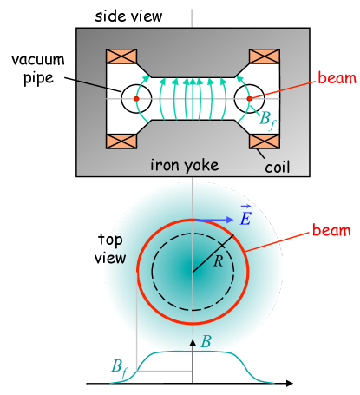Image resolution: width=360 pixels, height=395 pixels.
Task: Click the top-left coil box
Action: pos(121,56)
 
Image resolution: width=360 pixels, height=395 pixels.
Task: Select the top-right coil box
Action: pos(264,56)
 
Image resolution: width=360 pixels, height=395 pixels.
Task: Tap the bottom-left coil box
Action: pos(121,142)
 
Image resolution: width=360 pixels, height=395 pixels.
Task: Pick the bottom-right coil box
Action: pos(264,142)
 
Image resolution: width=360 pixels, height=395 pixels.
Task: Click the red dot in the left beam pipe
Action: pos(136,99)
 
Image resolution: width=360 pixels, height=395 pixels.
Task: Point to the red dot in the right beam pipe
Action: pos(249,99)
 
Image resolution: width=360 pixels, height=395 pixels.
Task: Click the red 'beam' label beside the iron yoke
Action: pos(337,78)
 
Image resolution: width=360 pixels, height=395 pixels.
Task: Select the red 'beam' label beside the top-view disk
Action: pos(331,232)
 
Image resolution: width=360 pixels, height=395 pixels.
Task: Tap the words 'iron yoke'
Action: pos(184,165)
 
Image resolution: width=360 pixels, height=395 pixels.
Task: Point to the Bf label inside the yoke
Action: pos(269,120)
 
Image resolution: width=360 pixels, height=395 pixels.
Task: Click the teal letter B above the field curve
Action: pos(206,342)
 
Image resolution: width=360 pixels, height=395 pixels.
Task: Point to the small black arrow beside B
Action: pos(193,344)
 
